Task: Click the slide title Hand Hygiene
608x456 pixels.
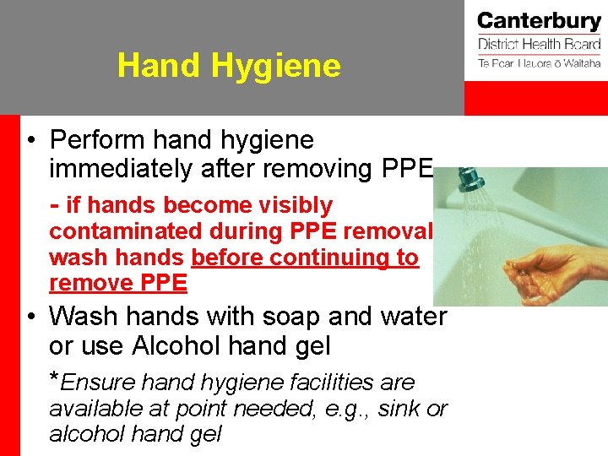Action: [x=229, y=65]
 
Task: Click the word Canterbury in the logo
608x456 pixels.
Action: [x=538, y=22]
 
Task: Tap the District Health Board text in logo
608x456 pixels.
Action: [x=539, y=45]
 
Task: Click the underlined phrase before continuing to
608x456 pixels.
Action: [x=305, y=257]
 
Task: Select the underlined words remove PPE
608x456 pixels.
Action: [x=118, y=283]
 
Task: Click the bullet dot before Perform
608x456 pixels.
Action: [x=30, y=140]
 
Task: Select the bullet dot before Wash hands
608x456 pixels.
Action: [x=30, y=317]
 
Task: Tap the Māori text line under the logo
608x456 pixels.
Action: [x=539, y=63]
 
